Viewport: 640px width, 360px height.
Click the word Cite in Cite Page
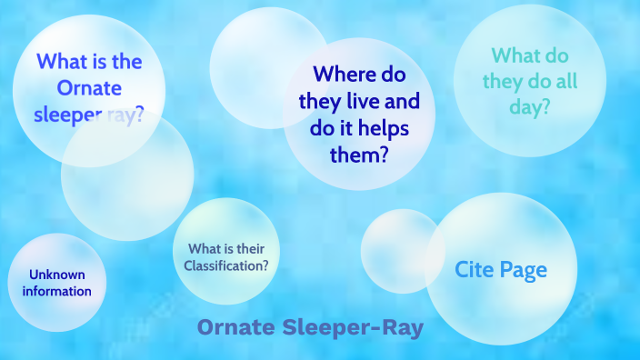click(x=475, y=270)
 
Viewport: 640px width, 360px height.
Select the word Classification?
click(x=225, y=266)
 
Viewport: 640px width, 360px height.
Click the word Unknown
click(x=56, y=275)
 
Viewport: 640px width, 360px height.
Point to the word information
click(x=57, y=291)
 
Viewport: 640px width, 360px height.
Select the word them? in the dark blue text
click(x=359, y=155)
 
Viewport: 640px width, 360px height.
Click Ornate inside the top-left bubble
click(x=89, y=90)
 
